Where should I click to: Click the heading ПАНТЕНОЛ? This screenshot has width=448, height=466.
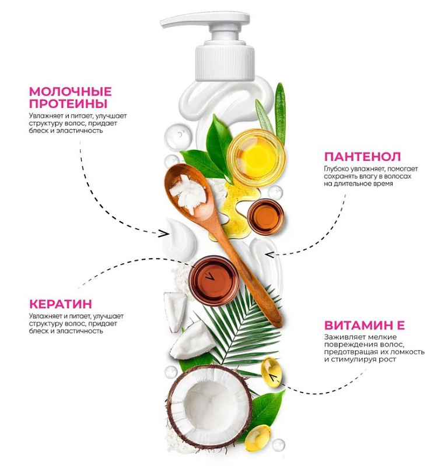[x=362, y=156]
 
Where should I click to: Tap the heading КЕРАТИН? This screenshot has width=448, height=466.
[x=61, y=304]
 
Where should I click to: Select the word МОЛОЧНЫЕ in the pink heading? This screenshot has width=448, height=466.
[x=70, y=91]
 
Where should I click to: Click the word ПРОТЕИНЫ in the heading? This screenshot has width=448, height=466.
[x=68, y=104]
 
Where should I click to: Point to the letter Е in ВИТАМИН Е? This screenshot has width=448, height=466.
[x=400, y=325]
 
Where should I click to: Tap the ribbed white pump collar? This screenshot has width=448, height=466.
[x=225, y=63]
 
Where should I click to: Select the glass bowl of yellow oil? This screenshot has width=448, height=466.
[x=256, y=157]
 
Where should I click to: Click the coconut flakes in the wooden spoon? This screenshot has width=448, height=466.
[x=189, y=193]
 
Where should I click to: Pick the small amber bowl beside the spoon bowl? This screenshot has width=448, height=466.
[x=265, y=216]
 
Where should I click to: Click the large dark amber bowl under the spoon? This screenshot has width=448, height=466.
[x=214, y=281]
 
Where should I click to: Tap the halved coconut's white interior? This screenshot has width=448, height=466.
[x=209, y=406]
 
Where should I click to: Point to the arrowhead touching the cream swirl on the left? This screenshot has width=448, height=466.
[x=163, y=234]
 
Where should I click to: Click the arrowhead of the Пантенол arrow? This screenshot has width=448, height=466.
[x=270, y=255]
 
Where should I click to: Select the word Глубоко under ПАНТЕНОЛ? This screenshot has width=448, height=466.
[x=337, y=169]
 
